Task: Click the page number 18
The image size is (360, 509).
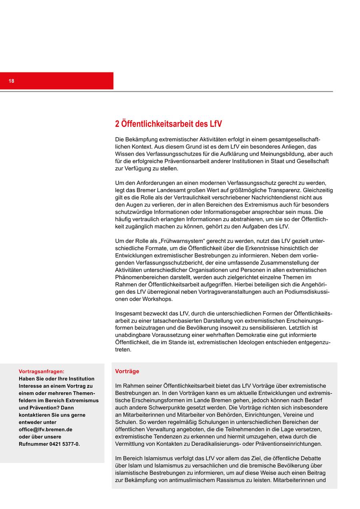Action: pos(11,81)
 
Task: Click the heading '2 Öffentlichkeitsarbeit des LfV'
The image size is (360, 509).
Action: pos(168,124)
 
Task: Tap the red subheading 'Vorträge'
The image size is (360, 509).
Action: pos(127,371)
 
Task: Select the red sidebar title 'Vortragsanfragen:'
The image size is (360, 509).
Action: pos(41,371)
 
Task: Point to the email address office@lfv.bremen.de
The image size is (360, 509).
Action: pos(46,429)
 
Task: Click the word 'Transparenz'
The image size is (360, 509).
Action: pos(285,190)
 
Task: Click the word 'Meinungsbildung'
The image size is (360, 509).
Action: pos(284,154)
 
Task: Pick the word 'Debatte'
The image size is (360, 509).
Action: pos(311,458)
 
